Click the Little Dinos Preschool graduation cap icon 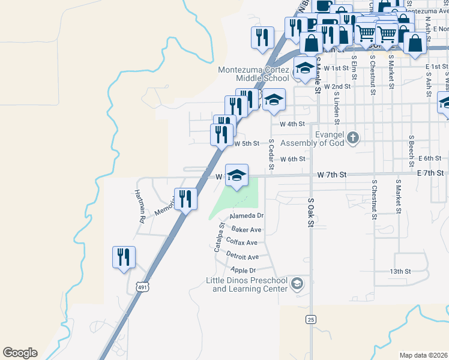click(297, 283)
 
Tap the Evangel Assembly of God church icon click(353, 138)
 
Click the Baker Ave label click(247, 229)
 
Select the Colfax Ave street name click(241, 242)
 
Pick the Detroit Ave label click(242, 256)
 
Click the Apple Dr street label click(243, 270)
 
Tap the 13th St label click(400, 271)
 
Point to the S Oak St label click(311, 213)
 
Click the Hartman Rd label click(139, 206)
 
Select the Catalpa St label click(219, 238)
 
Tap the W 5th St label click(247, 144)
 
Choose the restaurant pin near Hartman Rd click(124, 257)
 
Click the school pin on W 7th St click(237, 175)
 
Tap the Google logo click(20, 353)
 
